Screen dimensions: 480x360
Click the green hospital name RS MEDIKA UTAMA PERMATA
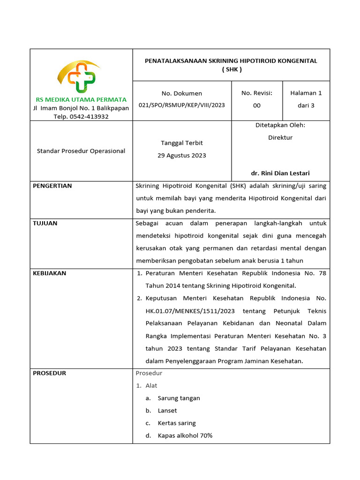click(x=81, y=99)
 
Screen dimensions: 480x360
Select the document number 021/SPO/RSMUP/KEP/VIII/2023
click(x=182, y=105)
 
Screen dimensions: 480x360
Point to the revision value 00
click(x=257, y=105)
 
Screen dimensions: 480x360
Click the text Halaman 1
click(x=306, y=93)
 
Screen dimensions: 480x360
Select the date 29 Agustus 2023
click(x=182, y=155)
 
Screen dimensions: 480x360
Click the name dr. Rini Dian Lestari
click(x=280, y=173)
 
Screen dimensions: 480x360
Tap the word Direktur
click(x=280, y=137)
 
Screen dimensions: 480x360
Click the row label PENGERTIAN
click(x=52, y=186)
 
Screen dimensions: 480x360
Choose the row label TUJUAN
click(x=45, y=223)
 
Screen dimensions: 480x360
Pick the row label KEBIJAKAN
click(x=49, y=273)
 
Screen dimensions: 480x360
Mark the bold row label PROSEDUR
click(x=49, y=373)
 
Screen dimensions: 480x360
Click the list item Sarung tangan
click(x=179, y=398)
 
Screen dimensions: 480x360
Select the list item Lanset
click(x=167, y=411)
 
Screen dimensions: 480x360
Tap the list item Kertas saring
click(x=177, y=423)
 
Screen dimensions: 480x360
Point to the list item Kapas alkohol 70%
click(x=185, y=435)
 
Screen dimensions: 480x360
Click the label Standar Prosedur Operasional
click(x=81, y=151)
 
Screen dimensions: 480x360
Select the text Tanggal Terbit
click(x=182, y=142)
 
